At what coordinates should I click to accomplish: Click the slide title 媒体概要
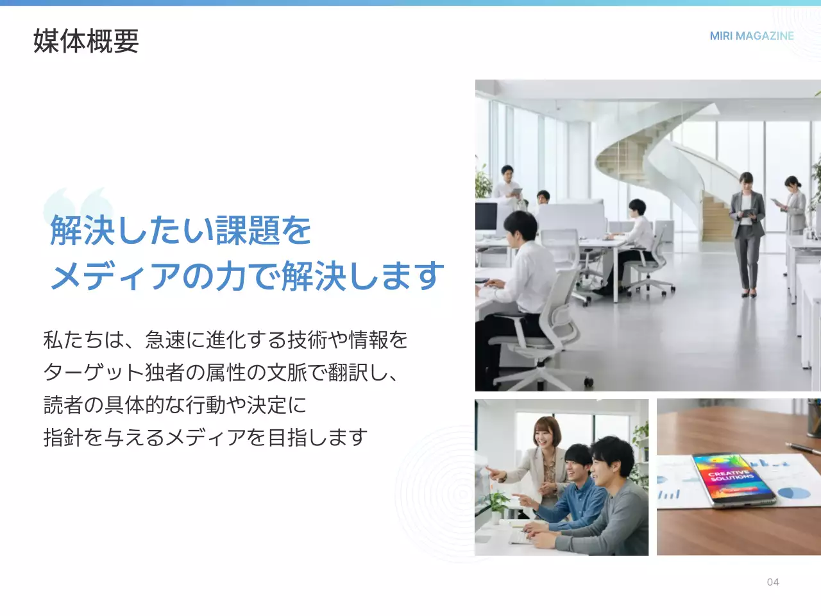[x=86, y=41]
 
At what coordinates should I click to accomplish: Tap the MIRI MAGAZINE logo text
[x=752, y=36]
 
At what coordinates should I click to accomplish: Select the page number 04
[x=773, y=582]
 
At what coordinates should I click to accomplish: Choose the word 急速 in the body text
[x=165, y=339]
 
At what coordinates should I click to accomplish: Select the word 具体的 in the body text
[x=135, y=405]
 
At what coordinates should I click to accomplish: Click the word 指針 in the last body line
[x=63, y=438]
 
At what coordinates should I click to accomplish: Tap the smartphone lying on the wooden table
[x=732, y=479]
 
